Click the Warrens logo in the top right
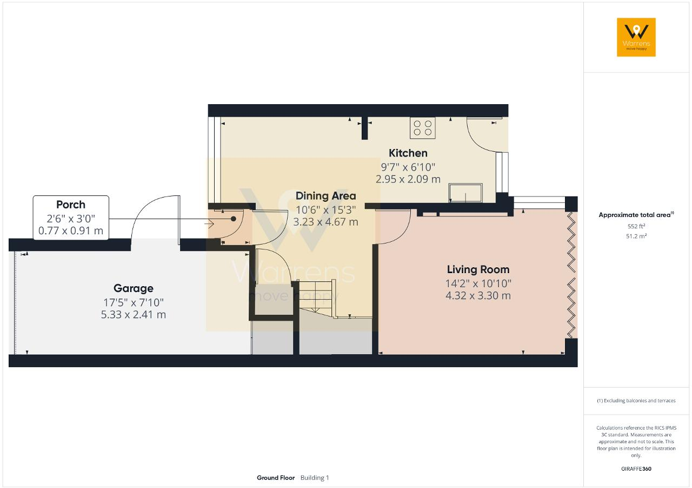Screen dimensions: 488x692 point(636,37)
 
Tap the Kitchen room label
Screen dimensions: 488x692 point(408,153)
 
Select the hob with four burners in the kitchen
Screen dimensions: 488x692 point(423,128)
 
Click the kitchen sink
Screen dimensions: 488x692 point(465,192)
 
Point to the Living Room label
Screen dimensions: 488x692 point(478,269)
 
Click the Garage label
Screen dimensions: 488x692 point(133,288)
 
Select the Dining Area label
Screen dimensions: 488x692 point(325,196)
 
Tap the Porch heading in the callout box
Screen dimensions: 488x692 point(71,205)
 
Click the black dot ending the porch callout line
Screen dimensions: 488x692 point(234,219)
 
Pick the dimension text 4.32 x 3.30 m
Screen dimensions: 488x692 point(478,296)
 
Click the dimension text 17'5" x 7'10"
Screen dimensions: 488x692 point(133,302)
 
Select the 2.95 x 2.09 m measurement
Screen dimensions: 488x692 point(408,179)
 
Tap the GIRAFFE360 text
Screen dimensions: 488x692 point(636,469)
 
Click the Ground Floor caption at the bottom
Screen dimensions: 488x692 point(276,478)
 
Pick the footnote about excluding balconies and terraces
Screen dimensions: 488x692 point(636,401)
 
